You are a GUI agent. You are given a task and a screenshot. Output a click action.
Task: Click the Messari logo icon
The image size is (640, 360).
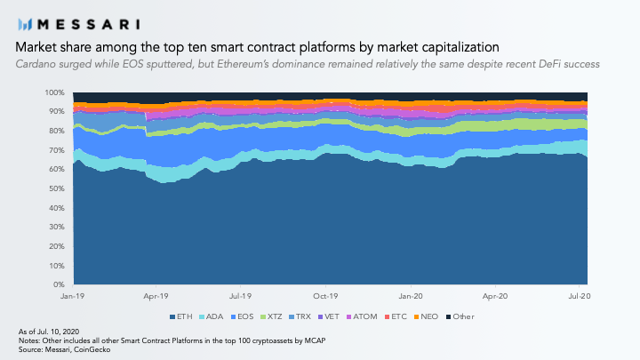tap(25, 25)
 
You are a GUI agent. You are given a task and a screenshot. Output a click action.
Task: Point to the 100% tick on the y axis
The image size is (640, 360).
tap(55, 92)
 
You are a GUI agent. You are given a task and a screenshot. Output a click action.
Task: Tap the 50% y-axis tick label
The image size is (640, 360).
tap(56, 188)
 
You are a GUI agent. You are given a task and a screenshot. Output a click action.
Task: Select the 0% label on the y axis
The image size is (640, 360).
tap(59, 284)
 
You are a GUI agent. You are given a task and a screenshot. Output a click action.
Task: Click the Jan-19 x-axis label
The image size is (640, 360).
tap(72, 296)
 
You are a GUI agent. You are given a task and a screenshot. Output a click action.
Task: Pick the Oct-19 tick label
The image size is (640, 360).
tap(325, 296)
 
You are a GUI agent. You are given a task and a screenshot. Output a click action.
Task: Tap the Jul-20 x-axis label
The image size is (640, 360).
tap(580, 296)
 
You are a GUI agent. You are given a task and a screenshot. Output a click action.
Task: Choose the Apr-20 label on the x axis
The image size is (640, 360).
tap(495, 296)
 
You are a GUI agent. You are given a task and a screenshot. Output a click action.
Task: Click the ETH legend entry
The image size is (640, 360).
tap(180, 316)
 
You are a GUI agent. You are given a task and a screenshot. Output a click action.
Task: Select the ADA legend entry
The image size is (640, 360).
tap(211, 316)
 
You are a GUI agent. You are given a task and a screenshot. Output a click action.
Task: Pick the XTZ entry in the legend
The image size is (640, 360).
tap(271, 316)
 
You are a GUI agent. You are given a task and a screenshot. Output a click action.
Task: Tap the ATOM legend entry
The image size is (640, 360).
tap(362, 316)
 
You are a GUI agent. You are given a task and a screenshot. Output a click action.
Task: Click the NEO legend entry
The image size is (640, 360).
tap(426, 316)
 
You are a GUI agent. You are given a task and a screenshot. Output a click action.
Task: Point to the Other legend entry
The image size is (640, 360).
tap(460, 316)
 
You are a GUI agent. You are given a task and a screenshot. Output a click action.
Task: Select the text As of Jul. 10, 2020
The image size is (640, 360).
tap(49, 332)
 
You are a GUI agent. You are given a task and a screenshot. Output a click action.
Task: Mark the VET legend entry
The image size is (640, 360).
tap(329, 316)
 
